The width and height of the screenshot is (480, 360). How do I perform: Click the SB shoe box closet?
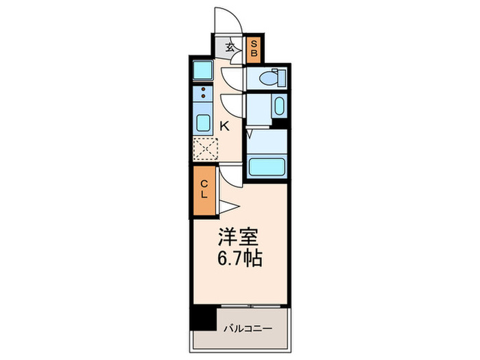253,47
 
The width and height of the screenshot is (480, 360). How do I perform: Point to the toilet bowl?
277,77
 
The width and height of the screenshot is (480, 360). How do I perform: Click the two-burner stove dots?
204,93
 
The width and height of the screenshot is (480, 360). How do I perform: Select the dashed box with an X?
204,148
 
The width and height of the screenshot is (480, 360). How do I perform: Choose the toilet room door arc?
235,77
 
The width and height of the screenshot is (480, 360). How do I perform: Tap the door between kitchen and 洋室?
232,175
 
